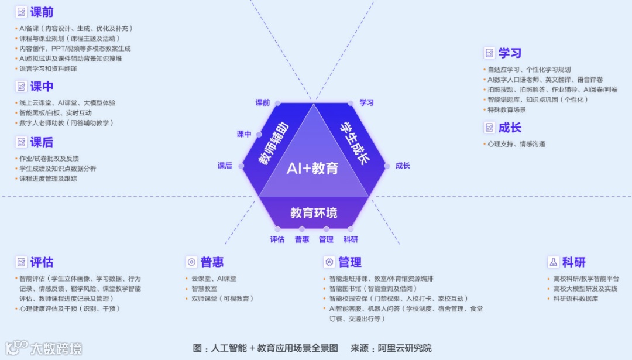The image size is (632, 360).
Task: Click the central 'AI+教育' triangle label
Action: tap(312, 169)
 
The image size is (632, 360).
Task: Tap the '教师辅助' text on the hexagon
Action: tap(273, 144)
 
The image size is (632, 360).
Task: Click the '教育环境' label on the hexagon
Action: tap(314, 212)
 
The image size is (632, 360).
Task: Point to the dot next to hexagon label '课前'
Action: tap(277, 103)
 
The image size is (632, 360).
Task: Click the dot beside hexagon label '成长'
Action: tap(387, 166)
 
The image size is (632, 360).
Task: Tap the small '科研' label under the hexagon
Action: tap(351, 239)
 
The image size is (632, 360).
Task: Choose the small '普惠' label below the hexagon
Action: tap(302, 239)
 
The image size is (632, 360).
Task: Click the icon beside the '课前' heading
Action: tap(22, 12)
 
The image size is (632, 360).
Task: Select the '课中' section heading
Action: tap(42, 87)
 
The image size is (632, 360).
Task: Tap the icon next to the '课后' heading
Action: tap(22, 142)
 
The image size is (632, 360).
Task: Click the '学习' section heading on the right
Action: tap(510, 53)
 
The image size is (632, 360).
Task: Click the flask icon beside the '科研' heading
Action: tap(552, 262)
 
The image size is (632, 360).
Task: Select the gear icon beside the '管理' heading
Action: tap(329, 262)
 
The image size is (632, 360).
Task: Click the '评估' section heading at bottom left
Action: tap(42, 262)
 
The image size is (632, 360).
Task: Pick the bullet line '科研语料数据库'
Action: tap(576, 299)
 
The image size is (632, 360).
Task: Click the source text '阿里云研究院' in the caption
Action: tap(404, 348)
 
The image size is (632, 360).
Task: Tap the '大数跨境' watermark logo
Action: tap(44, 348)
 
